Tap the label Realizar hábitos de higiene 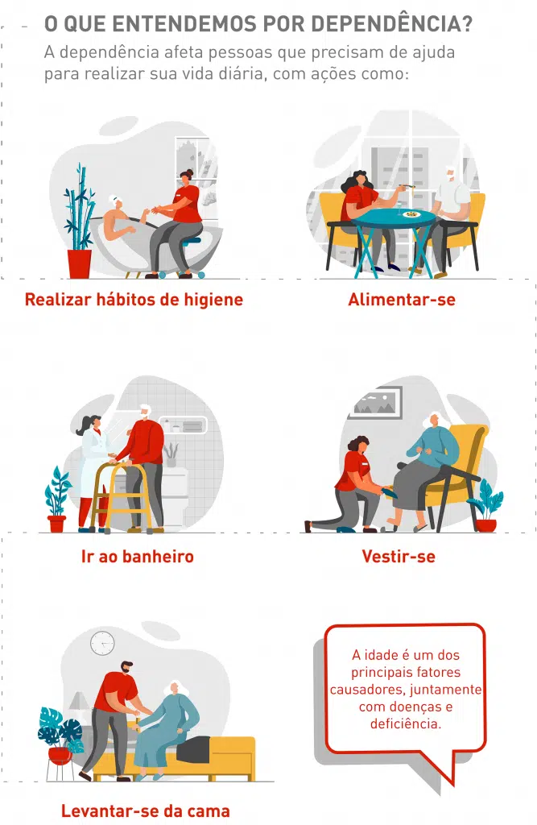134,300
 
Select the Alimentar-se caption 402,300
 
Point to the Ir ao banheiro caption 138,556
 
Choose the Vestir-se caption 399,556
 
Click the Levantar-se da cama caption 146,810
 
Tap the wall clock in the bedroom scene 102,643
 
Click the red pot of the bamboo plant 80,263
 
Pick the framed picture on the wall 375,403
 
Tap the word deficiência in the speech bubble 406,723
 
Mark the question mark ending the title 465,23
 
